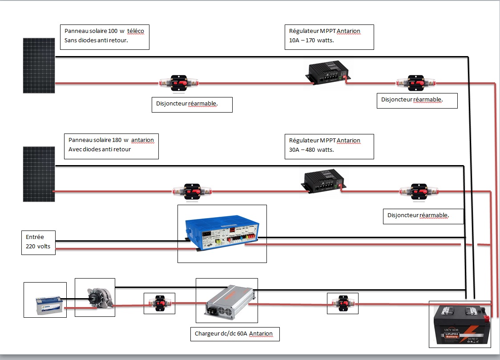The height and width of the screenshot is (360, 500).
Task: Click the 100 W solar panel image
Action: pyautogui.click(x=39, y=65)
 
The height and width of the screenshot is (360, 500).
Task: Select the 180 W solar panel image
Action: pyautogui.click(x=39, y=174)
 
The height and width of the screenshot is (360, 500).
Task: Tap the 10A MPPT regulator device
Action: pyautogui.click(x=328, y=73)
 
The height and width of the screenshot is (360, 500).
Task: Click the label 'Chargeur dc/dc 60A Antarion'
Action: pyautogui.click(x=234, y=333)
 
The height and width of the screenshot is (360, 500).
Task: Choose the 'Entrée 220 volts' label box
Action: pyautogui.click(x=38, y=242)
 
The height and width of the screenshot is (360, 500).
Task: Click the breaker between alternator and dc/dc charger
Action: pyautogui.click(x=159, y=303)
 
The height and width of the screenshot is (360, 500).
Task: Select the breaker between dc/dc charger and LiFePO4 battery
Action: pyautogui.click(x=343, y=303)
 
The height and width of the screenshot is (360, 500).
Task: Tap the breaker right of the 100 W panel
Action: pyautogui.click(x=179, y=83)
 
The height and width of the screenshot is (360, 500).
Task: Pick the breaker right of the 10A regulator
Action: pyautogui.click(x=416, y=83)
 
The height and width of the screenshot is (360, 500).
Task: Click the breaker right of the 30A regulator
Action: pyautogui.click(x=419, y=192)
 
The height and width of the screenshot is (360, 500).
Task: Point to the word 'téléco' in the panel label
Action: pyautogui.click(x=135, y=31)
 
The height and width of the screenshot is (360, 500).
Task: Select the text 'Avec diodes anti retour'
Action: pyautogui.click(x=100, y=149)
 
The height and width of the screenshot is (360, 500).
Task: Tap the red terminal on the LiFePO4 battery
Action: pyautogui.click(x=488, y=318)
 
